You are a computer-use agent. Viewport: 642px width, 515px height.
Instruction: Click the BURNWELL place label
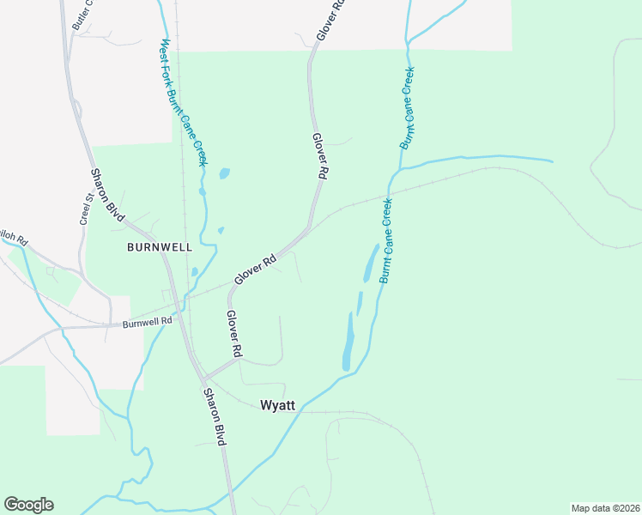(x=159, y=246)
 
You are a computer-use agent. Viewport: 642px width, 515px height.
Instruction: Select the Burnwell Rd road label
(x=147, y=322)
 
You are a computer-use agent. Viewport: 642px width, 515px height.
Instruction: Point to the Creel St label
(x=86, y=209)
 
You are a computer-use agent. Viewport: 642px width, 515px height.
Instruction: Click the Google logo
(x=28, y=505)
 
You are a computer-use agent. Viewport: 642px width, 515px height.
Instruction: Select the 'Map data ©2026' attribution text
(x=605, y=508)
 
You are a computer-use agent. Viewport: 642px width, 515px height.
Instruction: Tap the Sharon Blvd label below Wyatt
(x=214, y=416)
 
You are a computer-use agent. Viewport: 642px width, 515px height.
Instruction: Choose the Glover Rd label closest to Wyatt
(x=233, y=334)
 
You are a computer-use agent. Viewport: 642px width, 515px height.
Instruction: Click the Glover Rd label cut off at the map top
(x=330, y=19)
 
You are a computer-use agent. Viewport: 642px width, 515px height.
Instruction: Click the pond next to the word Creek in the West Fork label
(x=224, y=173)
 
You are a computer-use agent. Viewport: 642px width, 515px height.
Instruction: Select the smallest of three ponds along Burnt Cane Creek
(x=360, y=302)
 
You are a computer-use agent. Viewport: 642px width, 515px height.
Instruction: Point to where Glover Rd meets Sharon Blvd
(x=203, y=377)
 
